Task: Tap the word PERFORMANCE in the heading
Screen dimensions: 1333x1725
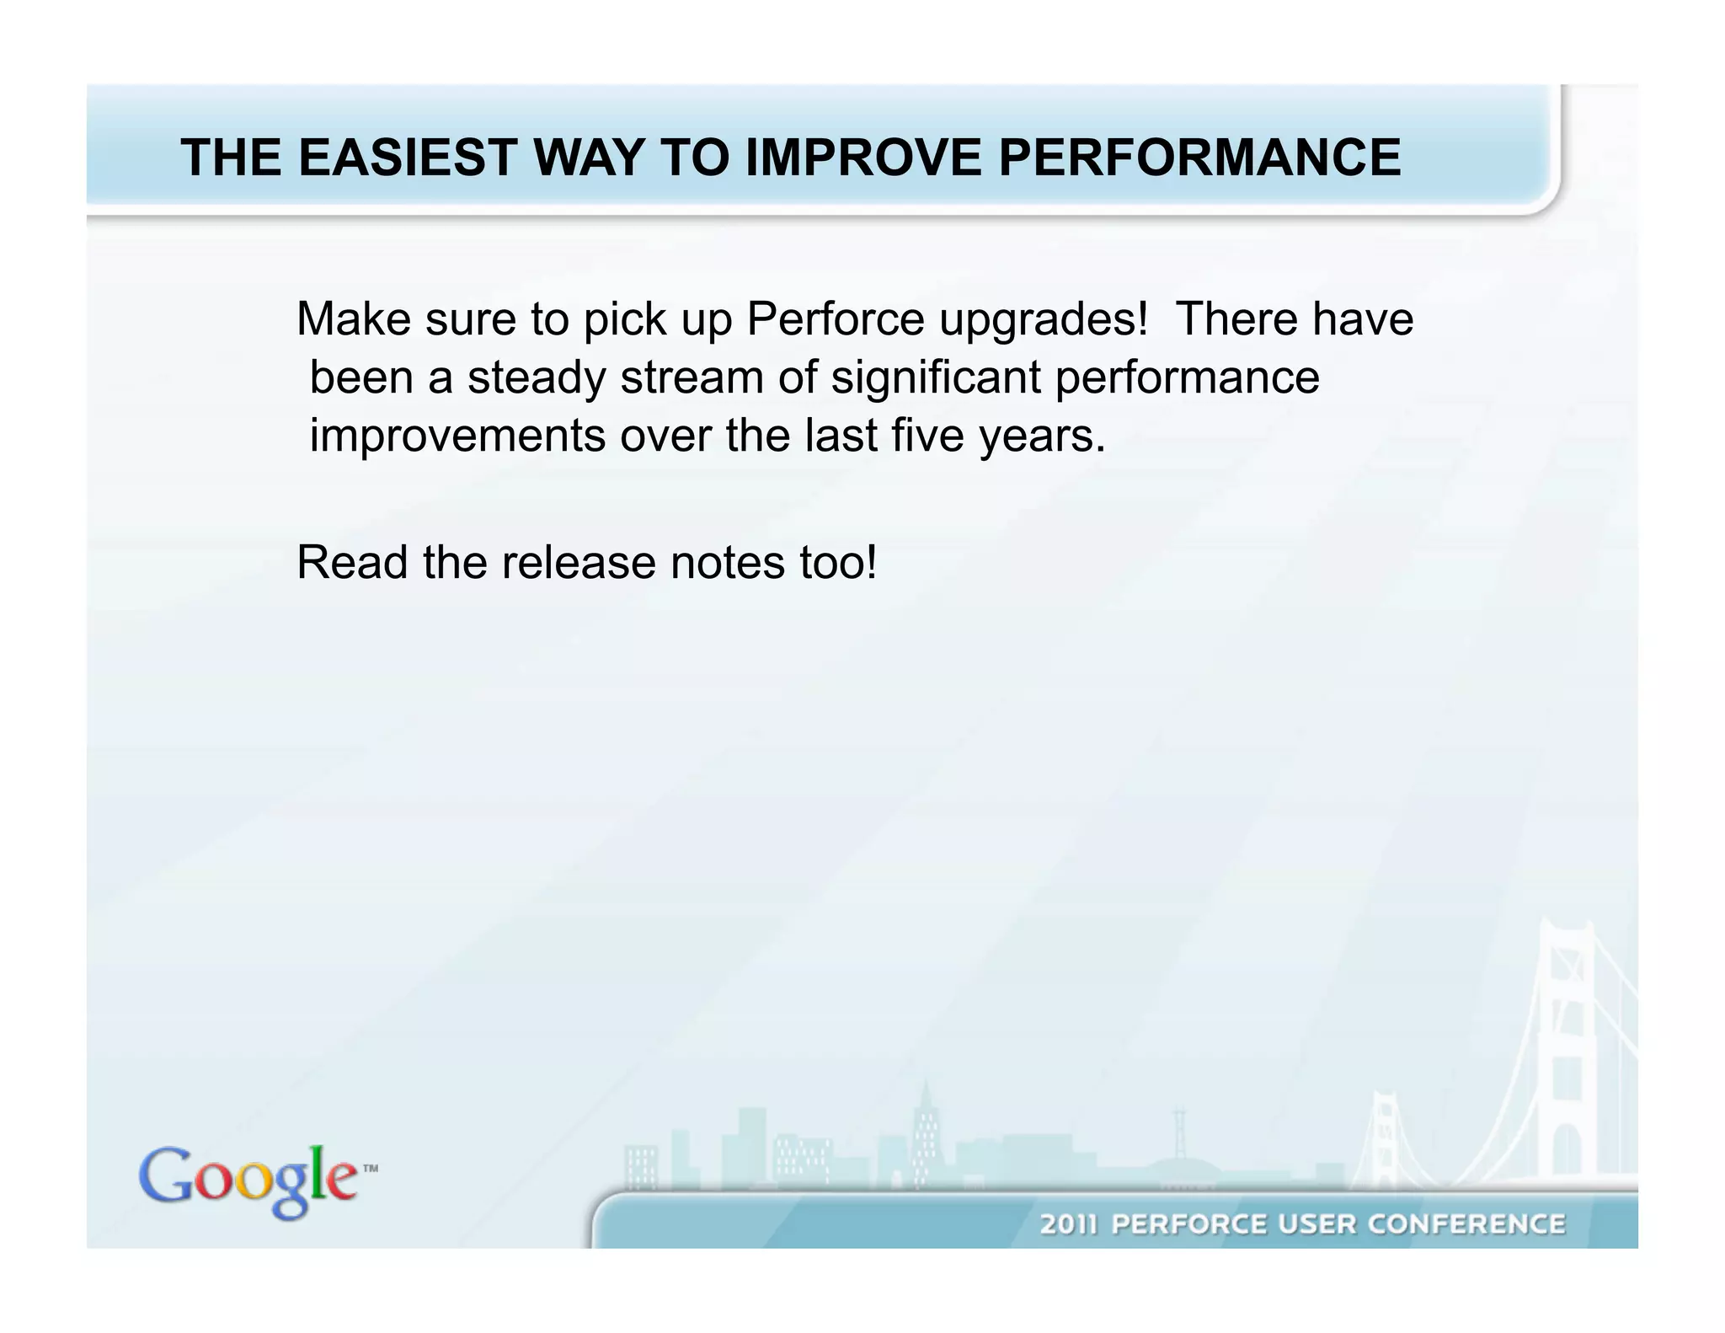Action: (1199, 158)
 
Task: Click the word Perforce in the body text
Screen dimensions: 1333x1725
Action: (836, 319)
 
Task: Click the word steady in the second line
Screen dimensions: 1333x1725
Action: (537, 378)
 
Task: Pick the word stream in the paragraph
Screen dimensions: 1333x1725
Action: (692, 377)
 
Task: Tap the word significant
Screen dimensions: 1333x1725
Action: (935, 378)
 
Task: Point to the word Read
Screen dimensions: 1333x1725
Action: (352, 563)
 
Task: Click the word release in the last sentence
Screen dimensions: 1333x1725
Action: (578, 563)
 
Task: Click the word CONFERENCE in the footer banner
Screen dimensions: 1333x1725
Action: (1466, 1224)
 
